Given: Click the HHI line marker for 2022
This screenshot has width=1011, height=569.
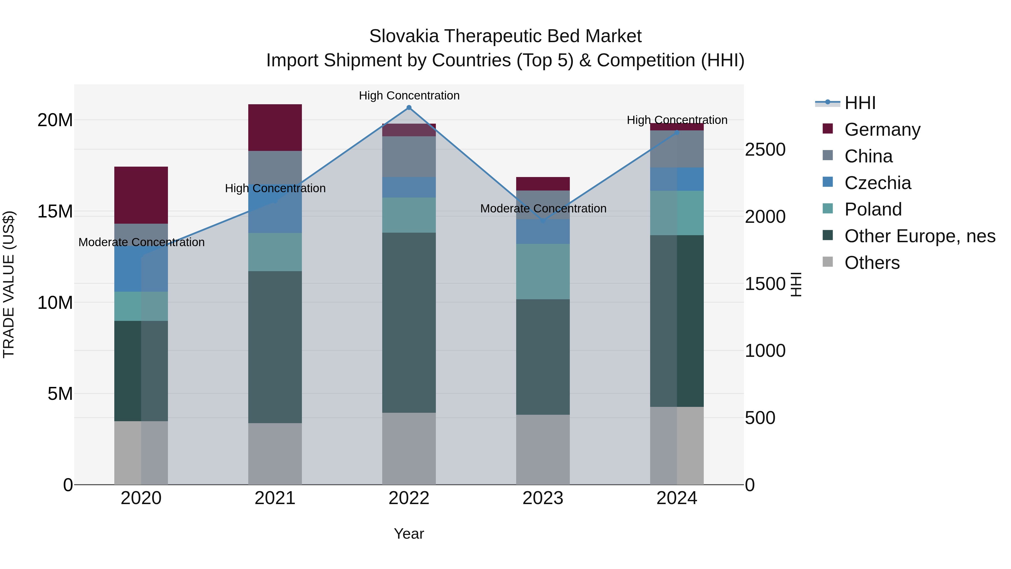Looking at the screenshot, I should (409, 108).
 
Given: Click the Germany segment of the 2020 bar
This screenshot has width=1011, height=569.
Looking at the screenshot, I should (141, 195).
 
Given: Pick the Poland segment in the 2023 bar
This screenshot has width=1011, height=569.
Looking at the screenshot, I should (543, 271).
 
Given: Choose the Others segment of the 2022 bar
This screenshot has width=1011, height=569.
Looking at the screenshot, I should (409, 448).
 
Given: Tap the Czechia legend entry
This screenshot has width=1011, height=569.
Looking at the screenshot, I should (878, 183).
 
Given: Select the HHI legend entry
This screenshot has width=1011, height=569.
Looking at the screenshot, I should (860, 103).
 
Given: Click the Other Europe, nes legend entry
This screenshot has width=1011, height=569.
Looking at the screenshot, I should (919, 236).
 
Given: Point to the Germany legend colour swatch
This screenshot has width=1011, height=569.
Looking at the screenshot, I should (827, 129).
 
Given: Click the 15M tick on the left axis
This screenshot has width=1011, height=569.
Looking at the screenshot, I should (55, 212).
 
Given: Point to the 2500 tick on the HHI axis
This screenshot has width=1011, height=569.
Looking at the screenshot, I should (765, 149).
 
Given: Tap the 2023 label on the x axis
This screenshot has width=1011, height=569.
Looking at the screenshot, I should (543, 498).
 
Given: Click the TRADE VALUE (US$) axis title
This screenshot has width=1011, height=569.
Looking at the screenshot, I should (9, 285).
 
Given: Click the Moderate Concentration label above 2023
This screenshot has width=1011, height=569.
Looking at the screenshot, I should (543, 208).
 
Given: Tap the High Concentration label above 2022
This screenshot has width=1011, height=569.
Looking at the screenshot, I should (409, 96).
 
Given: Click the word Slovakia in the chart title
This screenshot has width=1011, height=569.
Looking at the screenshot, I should (404, 36).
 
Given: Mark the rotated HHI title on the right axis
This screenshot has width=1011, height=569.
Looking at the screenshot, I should (796, 285).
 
